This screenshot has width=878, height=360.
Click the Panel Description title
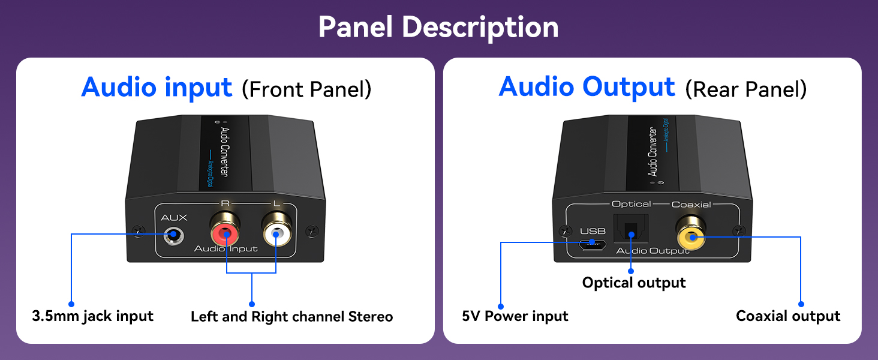click(438, 27)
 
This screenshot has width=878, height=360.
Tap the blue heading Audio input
click(157, 87)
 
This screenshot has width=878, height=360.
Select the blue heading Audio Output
click(587, 87)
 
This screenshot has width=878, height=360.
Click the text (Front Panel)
click(306, 89)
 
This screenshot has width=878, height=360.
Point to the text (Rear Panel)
click(745, 89)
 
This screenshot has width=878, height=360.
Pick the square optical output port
click(630, 230)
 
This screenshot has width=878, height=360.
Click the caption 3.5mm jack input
click(93, 316)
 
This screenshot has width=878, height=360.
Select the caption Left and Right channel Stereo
click(291, 316)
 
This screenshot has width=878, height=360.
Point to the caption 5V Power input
click(515, 316)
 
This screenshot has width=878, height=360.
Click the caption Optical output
click(634, 283)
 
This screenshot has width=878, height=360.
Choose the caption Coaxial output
click(788, 316)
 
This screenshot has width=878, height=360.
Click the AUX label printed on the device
click(174, 218)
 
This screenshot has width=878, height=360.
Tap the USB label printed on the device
click(593, 231)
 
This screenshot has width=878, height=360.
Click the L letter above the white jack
click(276, 203)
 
